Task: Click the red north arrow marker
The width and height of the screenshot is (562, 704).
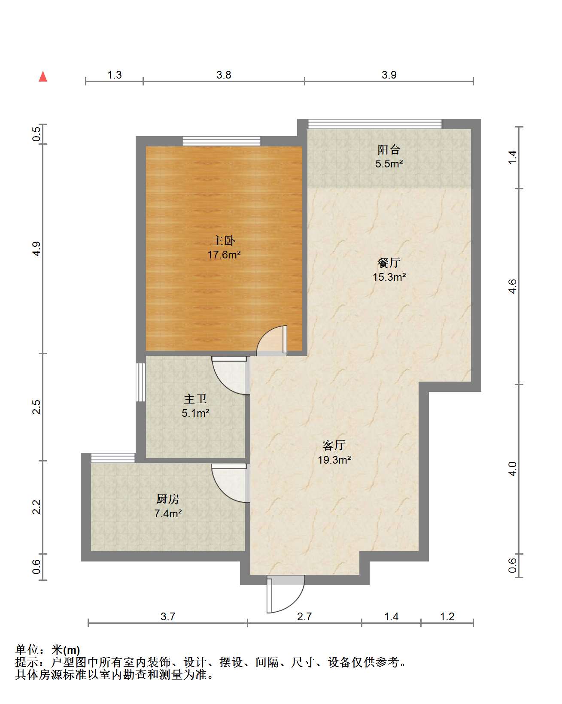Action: (43, 77)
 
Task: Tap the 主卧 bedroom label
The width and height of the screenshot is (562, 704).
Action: (224, 240)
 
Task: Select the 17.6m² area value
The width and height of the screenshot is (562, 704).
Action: (224, 255)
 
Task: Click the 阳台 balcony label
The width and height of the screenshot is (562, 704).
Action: (389, 149)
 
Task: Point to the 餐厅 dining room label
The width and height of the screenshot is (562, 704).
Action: (389, 262)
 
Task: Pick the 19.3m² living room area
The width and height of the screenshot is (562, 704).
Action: (334, 460)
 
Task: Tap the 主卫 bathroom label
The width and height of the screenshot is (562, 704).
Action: (195, 399)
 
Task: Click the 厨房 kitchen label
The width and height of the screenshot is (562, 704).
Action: (167, 499)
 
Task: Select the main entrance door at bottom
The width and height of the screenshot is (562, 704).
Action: (285, 595)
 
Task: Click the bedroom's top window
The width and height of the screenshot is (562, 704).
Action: (222, 141)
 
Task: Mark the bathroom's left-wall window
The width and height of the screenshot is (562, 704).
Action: (141, 382)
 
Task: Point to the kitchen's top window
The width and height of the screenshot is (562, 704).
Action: (113, 458)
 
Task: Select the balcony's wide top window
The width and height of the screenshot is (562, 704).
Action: (375, 124)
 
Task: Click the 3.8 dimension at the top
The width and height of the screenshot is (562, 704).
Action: (224, 75)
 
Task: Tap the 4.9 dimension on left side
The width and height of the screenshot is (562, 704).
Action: (37, 249)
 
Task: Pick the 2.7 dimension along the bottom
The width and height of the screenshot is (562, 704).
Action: (304, 617)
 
